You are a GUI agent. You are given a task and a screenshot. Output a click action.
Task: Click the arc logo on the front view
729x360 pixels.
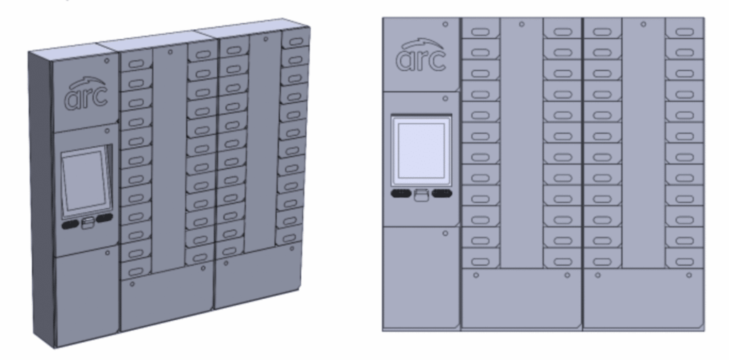(x=421, y=58)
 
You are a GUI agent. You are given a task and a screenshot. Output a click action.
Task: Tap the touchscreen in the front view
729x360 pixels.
(x=421, y=150)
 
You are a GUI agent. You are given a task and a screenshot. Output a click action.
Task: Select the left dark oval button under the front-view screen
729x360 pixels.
(x=401, y=193)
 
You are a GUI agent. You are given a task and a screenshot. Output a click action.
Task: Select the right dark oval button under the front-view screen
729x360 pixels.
(x=442, y=193)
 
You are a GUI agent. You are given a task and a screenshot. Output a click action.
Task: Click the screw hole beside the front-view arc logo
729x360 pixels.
(x=445, y=23)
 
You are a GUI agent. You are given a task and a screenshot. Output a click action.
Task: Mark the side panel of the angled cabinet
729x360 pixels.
(x=41, y=199)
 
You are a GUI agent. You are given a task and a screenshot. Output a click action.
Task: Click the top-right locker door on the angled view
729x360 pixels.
(x=295, y=38)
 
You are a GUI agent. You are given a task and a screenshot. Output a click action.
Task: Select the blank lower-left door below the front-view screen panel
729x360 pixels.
(x=421, y=277)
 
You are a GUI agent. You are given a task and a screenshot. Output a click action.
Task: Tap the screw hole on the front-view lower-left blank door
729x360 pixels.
(x=445, y=233)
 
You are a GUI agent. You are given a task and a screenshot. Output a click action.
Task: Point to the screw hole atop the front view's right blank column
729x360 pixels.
(x=643, y=24)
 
